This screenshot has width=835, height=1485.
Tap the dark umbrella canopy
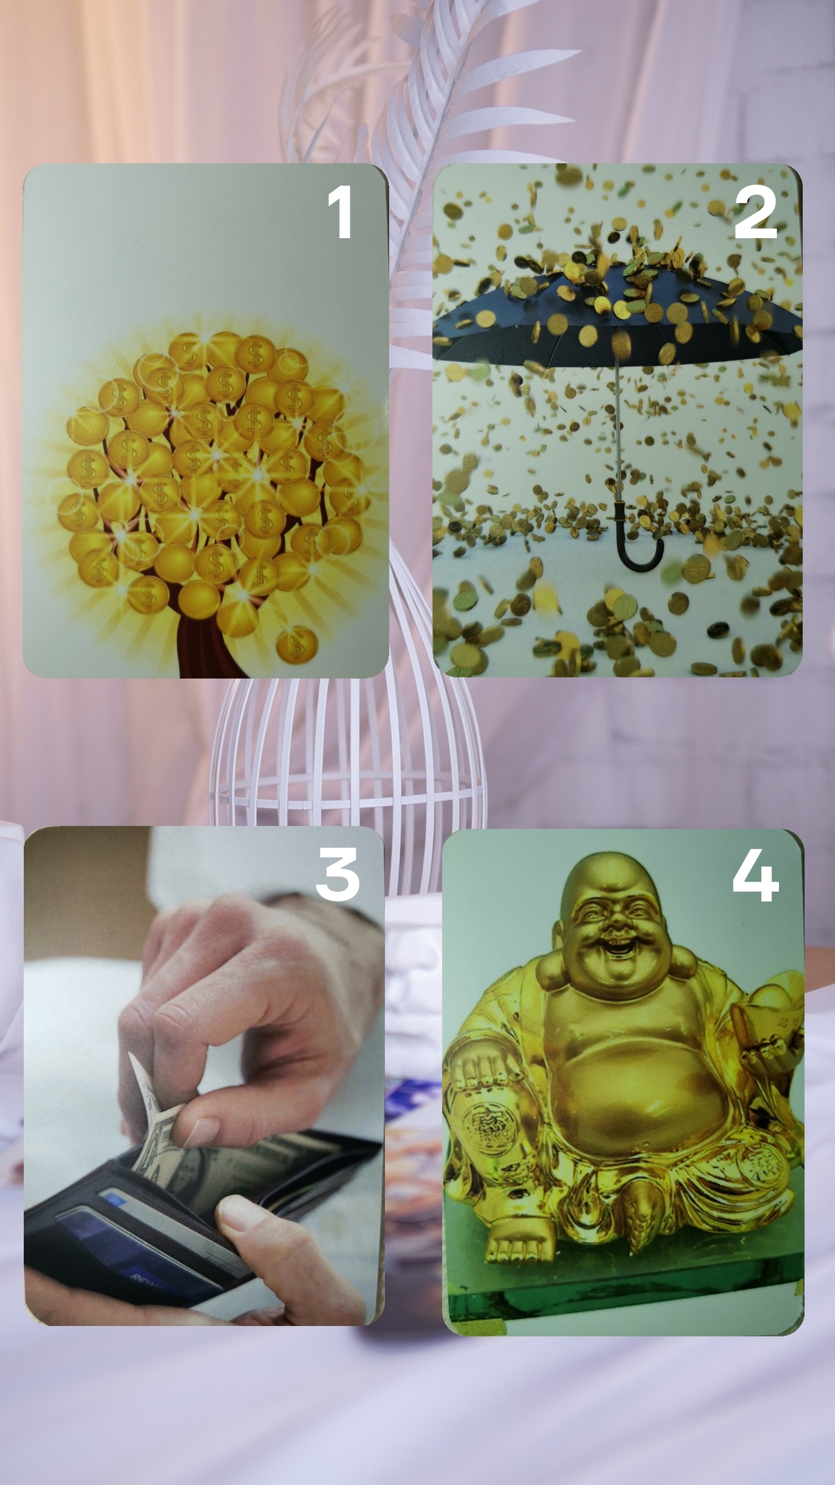click(x=615, y=311)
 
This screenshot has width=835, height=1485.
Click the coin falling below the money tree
click(x=297, y=645)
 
